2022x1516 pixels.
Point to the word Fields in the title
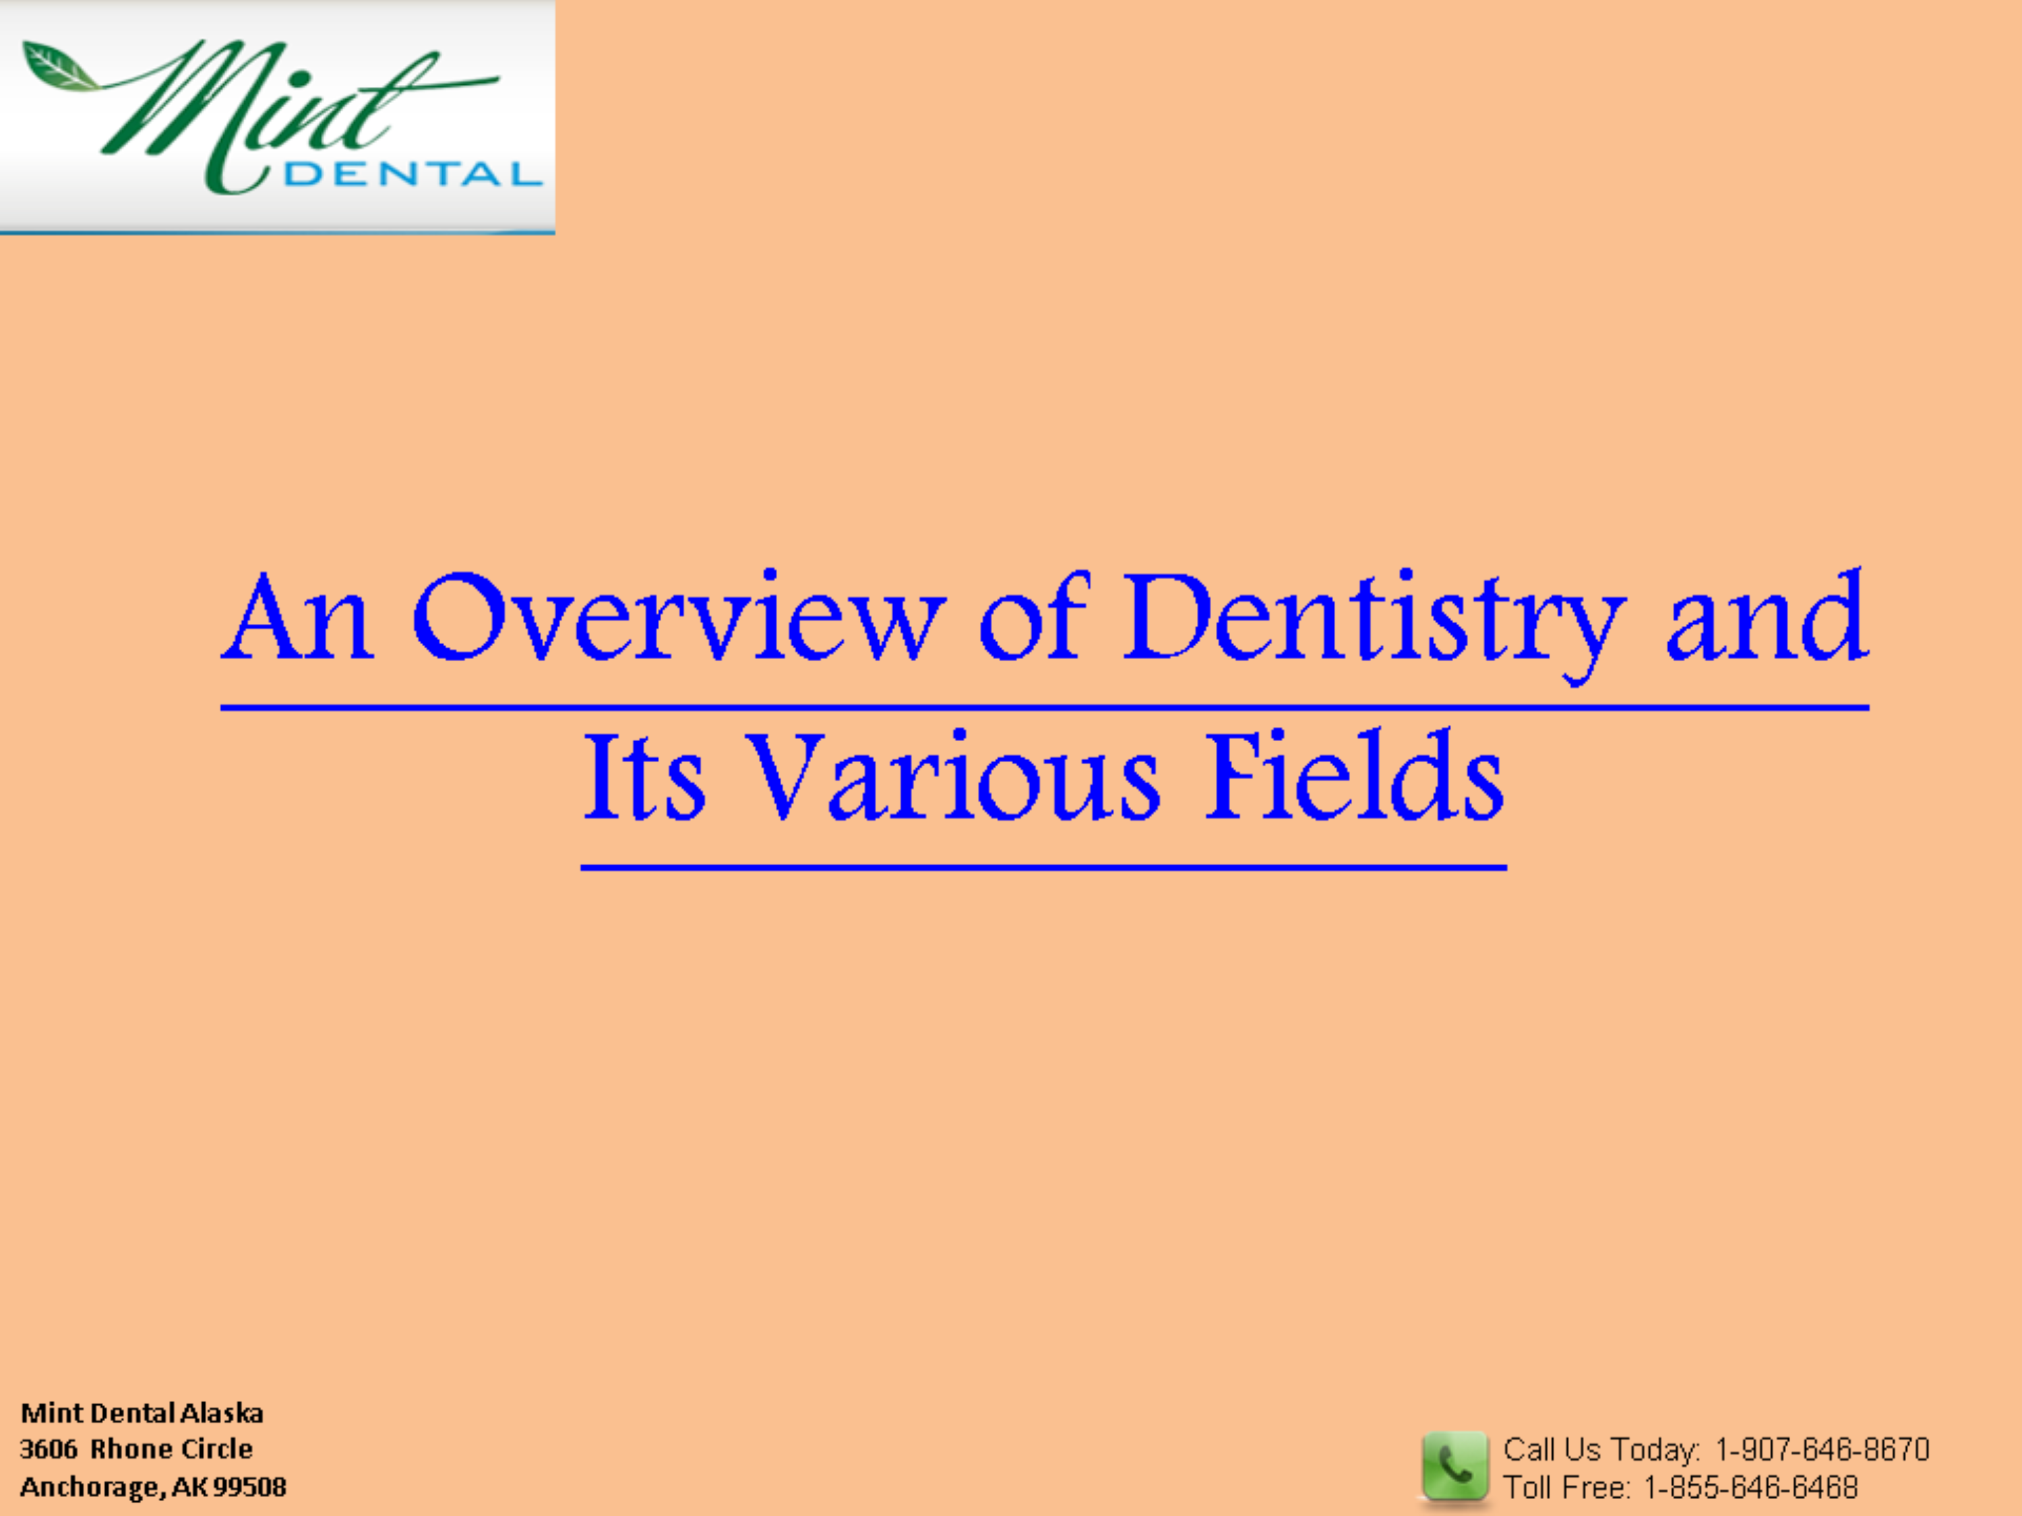point(1355,774)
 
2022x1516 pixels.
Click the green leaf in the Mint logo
point(59,67)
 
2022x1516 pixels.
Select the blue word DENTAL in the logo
point(413,174)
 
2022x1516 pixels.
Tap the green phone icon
point(1454,1465)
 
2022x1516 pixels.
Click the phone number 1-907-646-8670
point(1822,1449)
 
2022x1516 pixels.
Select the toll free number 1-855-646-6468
point(1750,1488)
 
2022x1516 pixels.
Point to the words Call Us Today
point(1601,1449)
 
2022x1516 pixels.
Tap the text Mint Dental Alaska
point(142,1413)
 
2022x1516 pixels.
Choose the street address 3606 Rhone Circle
point(136,1449)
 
